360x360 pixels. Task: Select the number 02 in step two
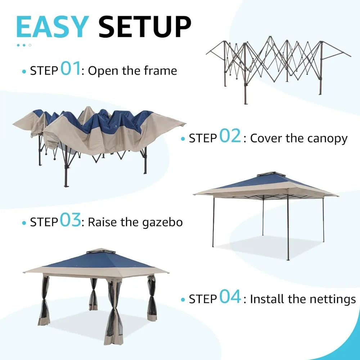pyautogui.click(x=230, y=137)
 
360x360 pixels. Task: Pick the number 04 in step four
pyautogui.click(x=230, y=298)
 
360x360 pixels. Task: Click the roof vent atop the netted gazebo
pyautogui.click(x=95, y=251)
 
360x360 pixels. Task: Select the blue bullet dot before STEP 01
pyautogui.click(x=24, y=71)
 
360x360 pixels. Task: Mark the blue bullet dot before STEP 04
pyautogui.click(x=183, y=300)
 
